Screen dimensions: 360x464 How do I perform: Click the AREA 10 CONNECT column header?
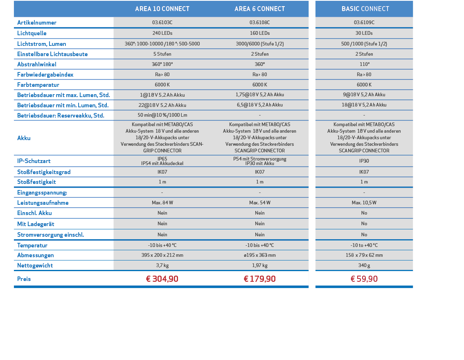pos(162,9)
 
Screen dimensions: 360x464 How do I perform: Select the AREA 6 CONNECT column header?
pos(260,9)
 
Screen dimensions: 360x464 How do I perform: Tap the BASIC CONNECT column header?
pos(364,9)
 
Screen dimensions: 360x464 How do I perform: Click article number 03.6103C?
pos(162,23)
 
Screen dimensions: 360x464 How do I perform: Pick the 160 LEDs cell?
pos(260,33)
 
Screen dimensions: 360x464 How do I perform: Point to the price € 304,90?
pos(162,279)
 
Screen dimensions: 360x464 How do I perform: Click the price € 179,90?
pos(260,279)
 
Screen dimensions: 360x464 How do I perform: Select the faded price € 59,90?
pos(364,279)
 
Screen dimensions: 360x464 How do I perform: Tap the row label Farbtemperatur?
pos(38,85)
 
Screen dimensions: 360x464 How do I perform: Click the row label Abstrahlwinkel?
pos(37,64)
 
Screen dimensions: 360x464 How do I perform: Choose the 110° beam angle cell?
pos(364,64)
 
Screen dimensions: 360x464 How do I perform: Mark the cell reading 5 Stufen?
pos(162,54)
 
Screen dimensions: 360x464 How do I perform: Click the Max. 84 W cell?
pos(162,203)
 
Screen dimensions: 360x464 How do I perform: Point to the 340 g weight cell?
pos(364,265)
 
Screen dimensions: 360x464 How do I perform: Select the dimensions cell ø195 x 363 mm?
pos(260,255)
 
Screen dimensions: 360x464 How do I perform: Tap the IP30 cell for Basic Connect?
pos(364,161)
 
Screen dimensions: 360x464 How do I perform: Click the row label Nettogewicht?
pos(35,265)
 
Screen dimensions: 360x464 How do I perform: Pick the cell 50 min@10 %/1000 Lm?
pos(162,115)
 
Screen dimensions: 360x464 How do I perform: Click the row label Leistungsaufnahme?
pos(43,203)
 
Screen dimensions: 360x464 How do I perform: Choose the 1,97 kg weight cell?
pos(260,265)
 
